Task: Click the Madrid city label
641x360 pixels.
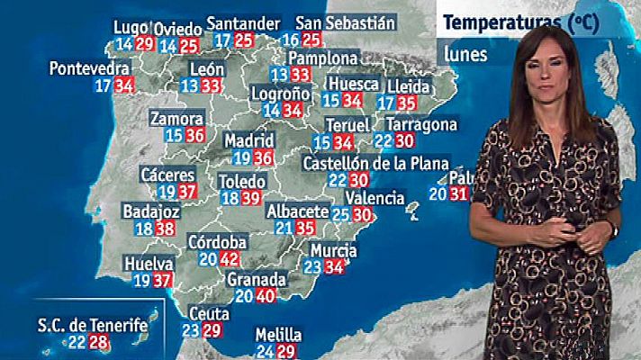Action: [248, 141]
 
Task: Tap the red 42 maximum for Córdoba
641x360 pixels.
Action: [229, 259]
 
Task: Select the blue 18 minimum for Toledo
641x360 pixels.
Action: [230, 199]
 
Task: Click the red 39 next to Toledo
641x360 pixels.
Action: [251, 199]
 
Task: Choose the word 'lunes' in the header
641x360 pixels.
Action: [465, 54]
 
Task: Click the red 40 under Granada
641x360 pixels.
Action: [265, 296]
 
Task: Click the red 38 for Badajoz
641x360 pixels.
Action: [165, 229]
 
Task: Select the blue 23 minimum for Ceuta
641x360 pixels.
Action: [191, 330]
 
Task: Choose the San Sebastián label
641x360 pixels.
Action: [346, 22]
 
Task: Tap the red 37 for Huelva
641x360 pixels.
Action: [163, 280]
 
